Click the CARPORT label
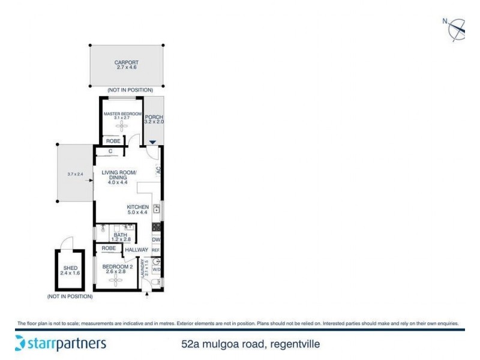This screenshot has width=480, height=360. pos(127,62)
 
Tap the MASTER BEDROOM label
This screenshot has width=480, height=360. pos(122,113)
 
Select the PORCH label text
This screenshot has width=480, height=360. pos(154,117)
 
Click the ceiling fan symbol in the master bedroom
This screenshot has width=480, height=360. pos(122,127)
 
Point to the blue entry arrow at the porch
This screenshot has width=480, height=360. pos(153,142)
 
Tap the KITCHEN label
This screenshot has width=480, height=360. pos(137,206)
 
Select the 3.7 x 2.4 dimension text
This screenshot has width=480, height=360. pos(75,175)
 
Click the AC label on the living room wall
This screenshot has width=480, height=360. pos(159,170)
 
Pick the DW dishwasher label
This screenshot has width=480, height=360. pos(156,239)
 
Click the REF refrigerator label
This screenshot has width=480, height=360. pos(156,250)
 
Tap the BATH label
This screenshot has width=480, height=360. pos(112,235)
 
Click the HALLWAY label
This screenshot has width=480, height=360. pos(137,250)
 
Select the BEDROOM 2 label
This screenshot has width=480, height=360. pos(117,266)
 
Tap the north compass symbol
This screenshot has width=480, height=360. pos(457,28)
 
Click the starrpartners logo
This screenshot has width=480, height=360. pos(60,344)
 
